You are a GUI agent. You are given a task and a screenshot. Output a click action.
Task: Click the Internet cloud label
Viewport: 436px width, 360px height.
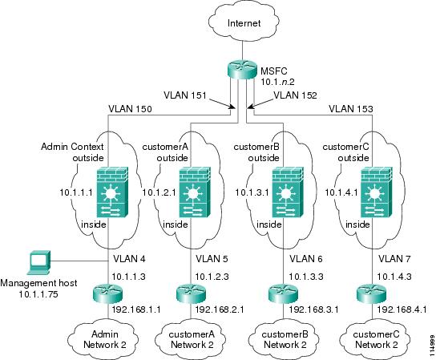(244, 22)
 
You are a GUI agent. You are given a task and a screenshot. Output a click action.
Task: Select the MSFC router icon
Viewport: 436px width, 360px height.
(242, 70)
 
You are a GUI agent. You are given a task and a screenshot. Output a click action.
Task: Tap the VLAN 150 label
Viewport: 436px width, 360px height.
(130, 109)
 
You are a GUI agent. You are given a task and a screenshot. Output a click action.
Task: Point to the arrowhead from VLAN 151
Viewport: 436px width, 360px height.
(233, 107)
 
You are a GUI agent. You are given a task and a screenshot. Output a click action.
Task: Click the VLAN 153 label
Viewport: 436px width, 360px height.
(350, 109)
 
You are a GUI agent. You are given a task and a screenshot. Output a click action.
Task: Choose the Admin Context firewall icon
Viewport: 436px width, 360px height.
(112, 192)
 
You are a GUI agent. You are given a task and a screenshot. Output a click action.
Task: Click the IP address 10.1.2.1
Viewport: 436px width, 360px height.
(159, 192)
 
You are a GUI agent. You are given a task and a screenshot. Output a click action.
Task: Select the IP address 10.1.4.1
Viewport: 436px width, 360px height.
(341, 192)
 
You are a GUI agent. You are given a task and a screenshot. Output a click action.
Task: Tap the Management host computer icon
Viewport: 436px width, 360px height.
(38, 262)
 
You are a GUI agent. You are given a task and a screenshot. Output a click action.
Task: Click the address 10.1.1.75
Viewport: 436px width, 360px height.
(38, 294)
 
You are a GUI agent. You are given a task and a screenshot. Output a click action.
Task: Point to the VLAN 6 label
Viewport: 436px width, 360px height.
(306, 259)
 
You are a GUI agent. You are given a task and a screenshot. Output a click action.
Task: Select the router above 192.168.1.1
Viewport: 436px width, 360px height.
(107, 293)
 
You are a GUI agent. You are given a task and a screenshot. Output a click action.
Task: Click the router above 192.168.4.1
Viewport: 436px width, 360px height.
(371, 293)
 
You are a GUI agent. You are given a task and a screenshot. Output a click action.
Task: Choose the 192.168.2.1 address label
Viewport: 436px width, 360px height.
(220, 309)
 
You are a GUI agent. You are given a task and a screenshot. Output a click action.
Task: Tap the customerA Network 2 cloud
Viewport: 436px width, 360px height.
(192, 339)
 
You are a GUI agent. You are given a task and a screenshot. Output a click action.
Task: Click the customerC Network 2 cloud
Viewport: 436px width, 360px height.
(376, 339)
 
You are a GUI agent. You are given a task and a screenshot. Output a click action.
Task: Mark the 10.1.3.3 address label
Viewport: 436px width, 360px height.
(306, 277)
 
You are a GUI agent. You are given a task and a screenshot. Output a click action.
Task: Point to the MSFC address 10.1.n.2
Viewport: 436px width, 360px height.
(277, 82)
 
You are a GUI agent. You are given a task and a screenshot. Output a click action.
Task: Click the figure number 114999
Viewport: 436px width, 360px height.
(432, 346)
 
